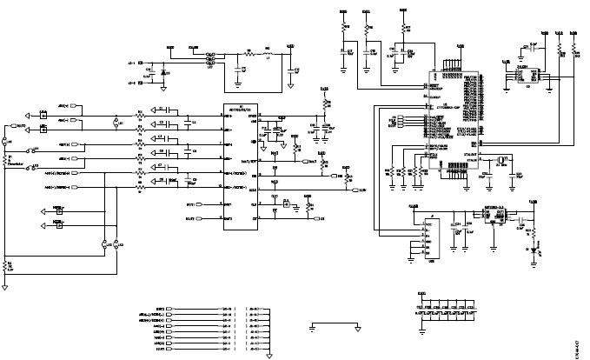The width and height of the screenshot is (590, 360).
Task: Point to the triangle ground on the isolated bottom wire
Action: pyautogui.click(x=357, y=329)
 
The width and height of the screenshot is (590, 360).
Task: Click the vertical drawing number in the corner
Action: pyautogui.click(x=579, y=343)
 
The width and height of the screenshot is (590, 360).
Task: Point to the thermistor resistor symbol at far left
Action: pyautogui.click(x=7, y=160)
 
